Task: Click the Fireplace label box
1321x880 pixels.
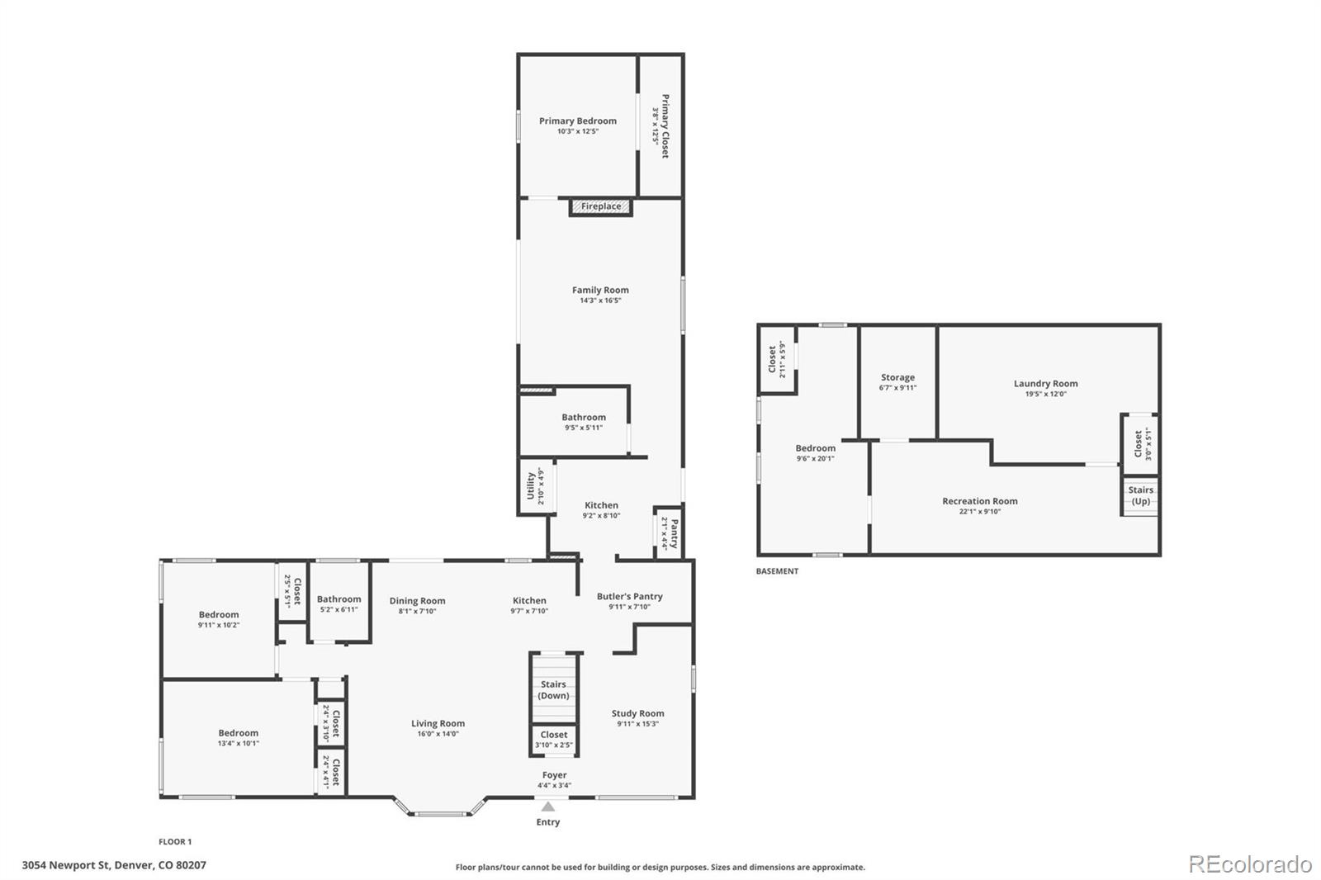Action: click(x=601, y=206)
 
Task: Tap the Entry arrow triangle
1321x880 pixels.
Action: click(x=548, y=807)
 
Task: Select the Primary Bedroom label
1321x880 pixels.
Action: click(x=578, y=121)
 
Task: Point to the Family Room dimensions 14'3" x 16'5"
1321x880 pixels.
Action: click(x=600, y=300)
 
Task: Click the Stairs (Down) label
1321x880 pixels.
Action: click(x=553, y=690)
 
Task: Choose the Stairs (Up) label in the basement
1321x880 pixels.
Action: click(x=1140, y=495)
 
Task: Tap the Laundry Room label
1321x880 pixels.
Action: click(x=1045, y=383)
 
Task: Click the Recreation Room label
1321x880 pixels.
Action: click(x=980, y=501)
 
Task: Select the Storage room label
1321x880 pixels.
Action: click(x=897, y=377)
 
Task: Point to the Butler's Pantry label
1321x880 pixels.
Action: click(x=630, y=596)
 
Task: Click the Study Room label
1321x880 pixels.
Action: click(x=637, y=713)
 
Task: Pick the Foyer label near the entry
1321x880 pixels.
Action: click(x=555, y=775)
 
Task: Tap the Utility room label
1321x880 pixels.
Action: click(x=531, y=486)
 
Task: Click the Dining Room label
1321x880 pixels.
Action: click(x=417, y=601)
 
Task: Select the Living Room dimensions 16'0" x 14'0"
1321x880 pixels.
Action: click(x=438, y=734)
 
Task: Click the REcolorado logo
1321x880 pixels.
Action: click(x=1250, y=864)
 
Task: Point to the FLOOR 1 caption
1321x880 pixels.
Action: click(x=175, y=842)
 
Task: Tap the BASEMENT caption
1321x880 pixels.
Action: click(x=777, y=571)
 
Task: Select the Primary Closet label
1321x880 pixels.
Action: click(x=665, y=125)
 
